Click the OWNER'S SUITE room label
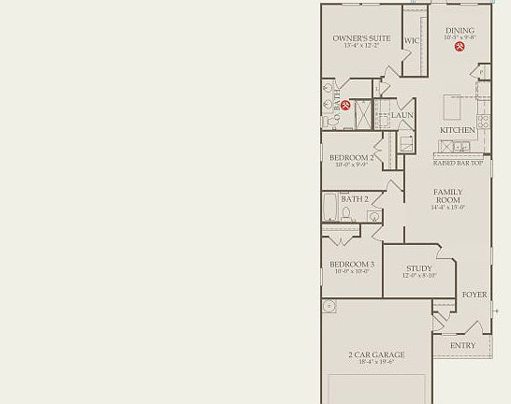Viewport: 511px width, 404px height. pyautogui.click(x=355, y=39)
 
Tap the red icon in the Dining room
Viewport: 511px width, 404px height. pyautogui.click(x=460, y=47)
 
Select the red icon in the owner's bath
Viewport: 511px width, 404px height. pyautogui.click(x=345, y=105)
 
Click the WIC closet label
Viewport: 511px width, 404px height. pyautogui.click(x=411, y=41)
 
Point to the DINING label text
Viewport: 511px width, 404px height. pyautogui.click(x=460, y=31)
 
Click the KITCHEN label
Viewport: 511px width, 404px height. pyautogui.click(x=458, y=130)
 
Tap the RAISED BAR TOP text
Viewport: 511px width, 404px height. pyautogui.click(x=458, y=163)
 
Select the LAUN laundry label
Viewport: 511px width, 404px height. pyautogui.click(x=402, y=116)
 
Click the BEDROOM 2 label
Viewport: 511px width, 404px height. pyautogui.click(x=352, y=158)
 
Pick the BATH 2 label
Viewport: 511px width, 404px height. pyautogui.click(x=354, y=199)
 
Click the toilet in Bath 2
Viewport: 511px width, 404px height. pyautogui.click(x=346, y=213)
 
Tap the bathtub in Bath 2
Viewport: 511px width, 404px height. pyautogui.click(x=329, y=207)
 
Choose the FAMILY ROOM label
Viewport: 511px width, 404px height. pyautogui.click(x=447, y=196)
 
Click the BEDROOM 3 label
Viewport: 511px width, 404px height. pyautogui.click(x=352, y=265)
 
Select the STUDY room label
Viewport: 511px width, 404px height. pyautogui.click(x=418, y=268)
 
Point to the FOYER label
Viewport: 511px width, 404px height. pyautogui.click(x=474, y=295)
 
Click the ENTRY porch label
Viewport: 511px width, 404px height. pyautogui.click(x=462, y=345)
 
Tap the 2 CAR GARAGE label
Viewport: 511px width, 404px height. pyautogui.click(x=376, y=354)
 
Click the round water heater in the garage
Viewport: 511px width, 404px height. pyautogui.click(x=329, y=306)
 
